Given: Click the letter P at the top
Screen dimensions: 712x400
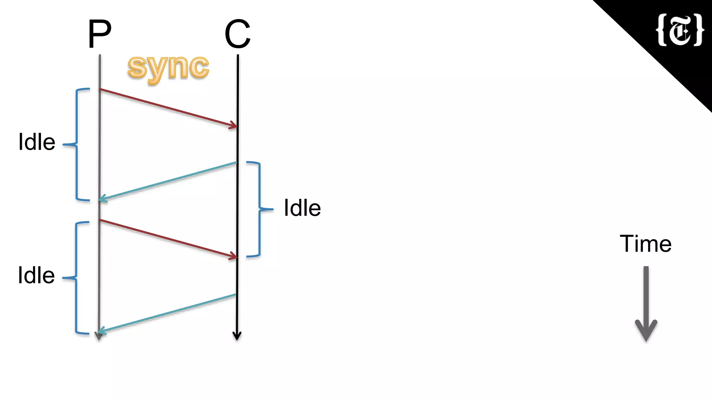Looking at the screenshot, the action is [100, 34].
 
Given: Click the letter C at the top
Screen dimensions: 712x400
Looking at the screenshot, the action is [237, 34].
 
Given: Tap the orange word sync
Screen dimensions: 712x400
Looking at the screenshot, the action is [168, 68].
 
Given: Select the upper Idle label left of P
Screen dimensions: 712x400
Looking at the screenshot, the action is [37, 142].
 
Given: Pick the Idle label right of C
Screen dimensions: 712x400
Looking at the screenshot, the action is [302, 208].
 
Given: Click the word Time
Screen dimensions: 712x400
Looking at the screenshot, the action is [645, 244].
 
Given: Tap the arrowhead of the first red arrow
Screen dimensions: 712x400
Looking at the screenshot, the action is [234, 126].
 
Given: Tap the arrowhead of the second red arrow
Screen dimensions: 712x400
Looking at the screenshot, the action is [234, 257].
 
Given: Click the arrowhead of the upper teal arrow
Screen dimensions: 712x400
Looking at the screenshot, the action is [103, 199].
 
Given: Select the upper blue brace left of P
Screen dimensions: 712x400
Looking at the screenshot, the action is [77, 144].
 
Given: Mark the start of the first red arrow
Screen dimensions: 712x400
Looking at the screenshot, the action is [100, 90].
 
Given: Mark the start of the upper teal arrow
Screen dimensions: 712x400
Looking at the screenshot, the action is [236, 162].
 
